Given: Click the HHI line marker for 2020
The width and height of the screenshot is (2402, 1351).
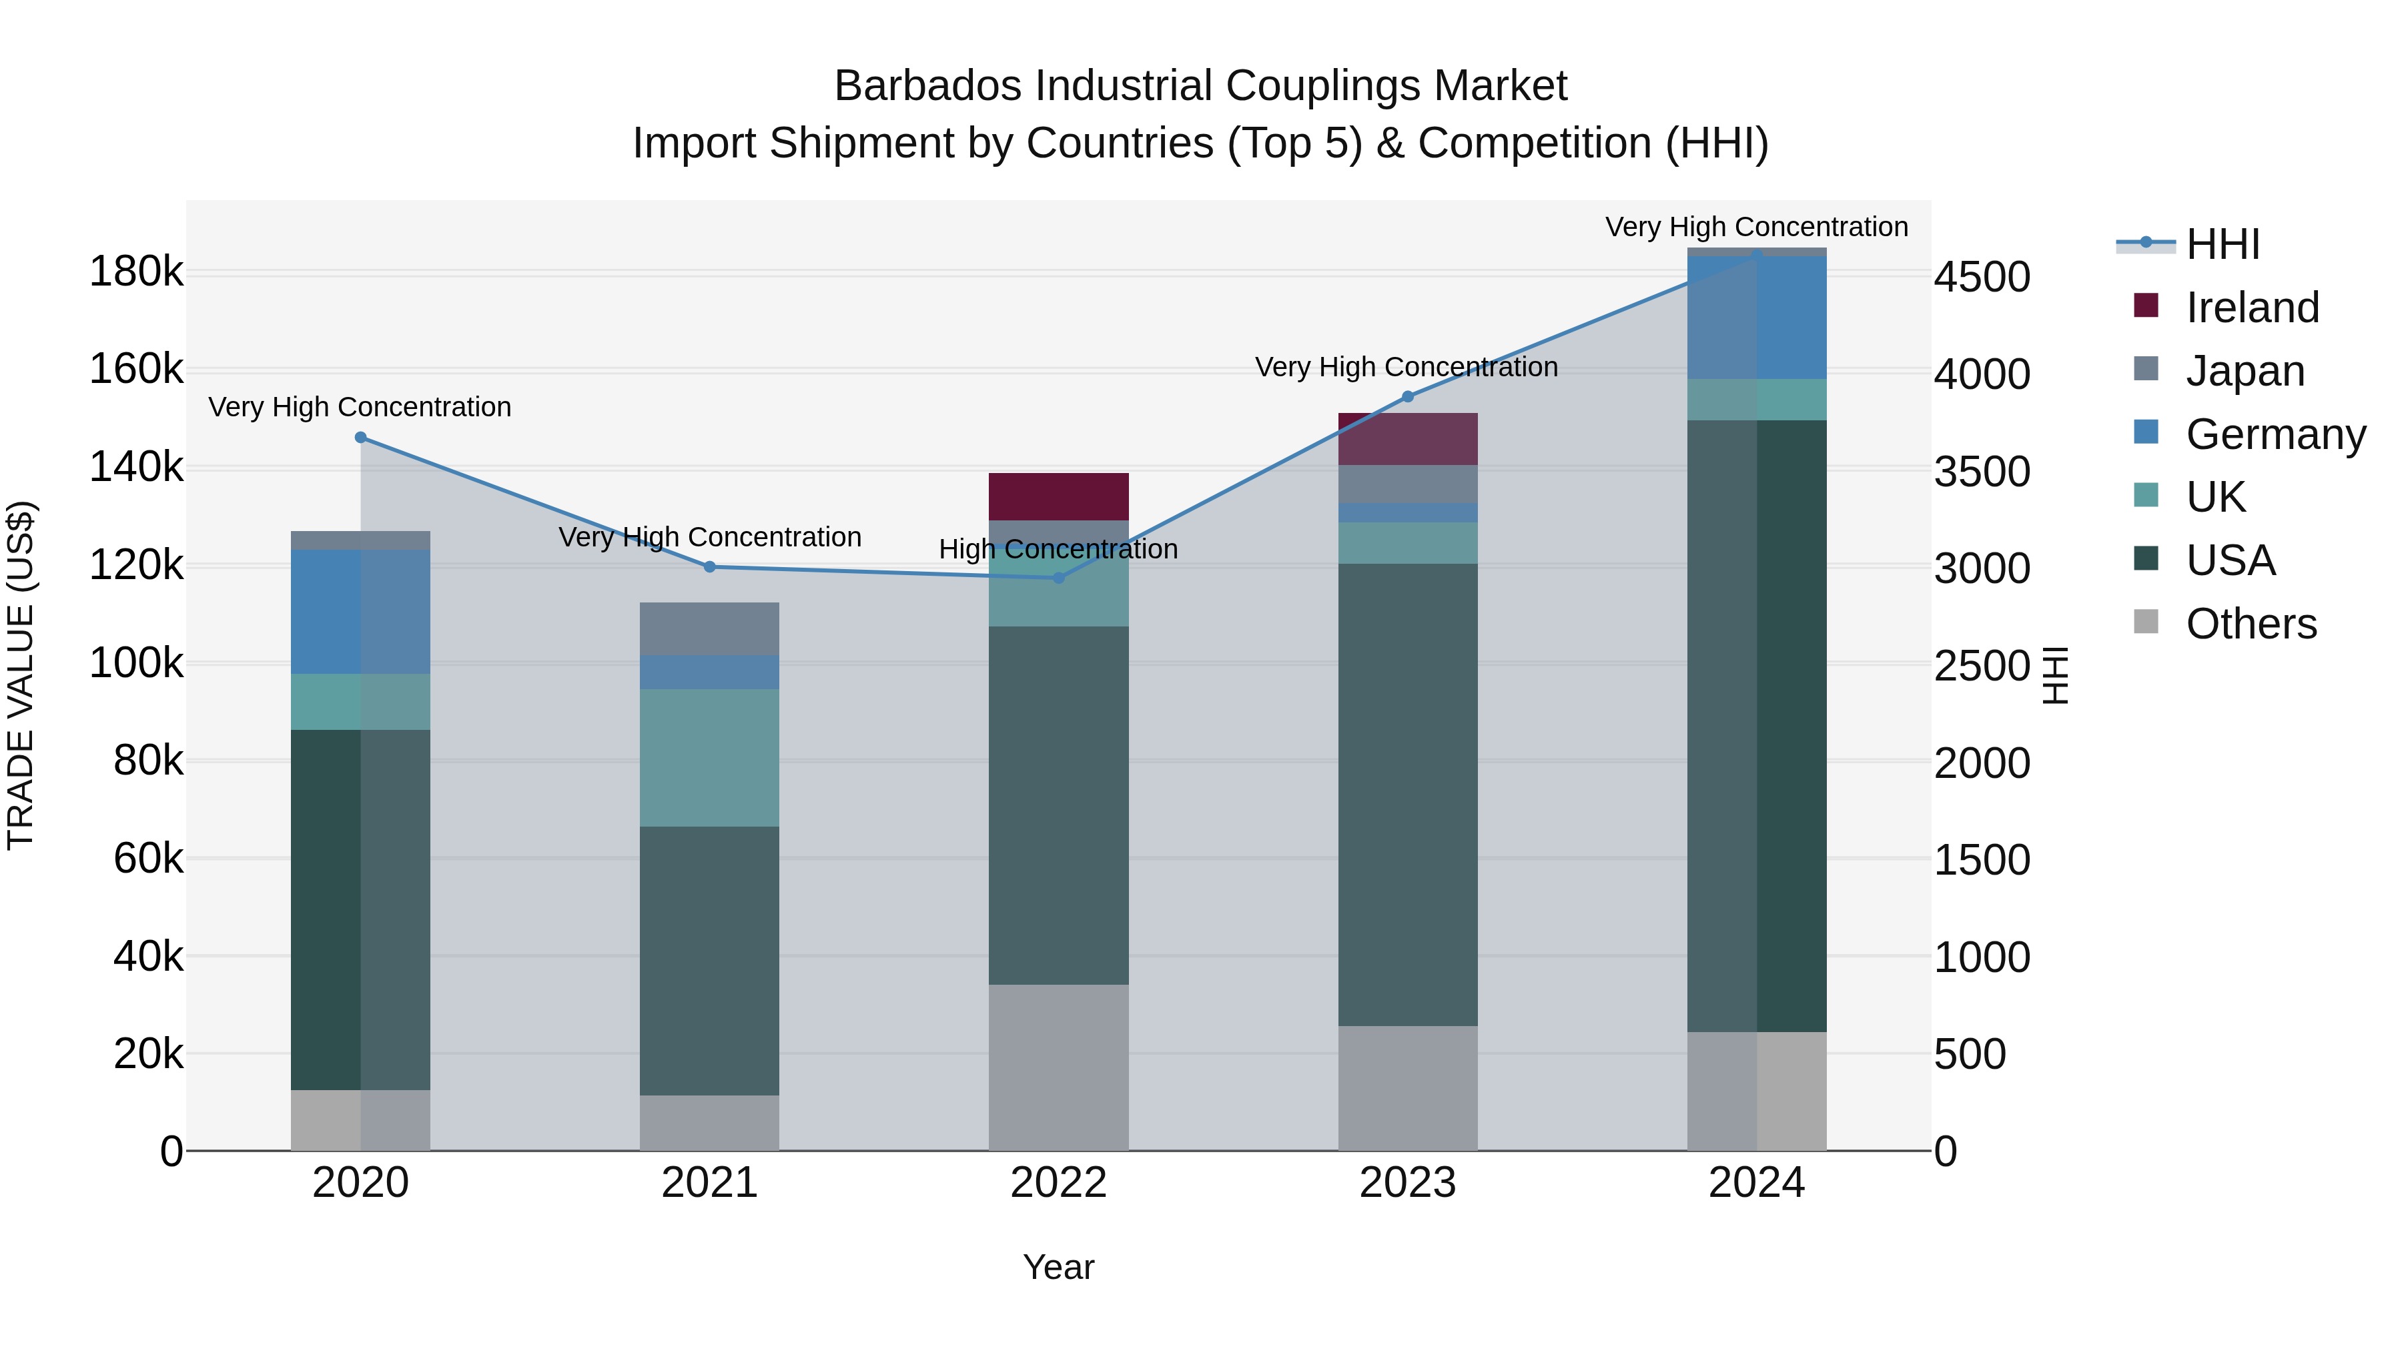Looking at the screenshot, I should coord(361,437).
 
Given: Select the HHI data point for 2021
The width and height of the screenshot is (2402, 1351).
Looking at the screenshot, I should coord(710,567).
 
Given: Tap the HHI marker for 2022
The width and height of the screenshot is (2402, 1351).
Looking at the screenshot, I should coord(1058,578).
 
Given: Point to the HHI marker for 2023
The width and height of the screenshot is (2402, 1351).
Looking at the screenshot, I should coord(1408,397).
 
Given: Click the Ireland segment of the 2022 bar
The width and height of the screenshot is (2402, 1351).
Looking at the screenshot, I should coord(1058,496).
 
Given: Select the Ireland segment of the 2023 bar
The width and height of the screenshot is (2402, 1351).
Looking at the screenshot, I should coord(1408,438).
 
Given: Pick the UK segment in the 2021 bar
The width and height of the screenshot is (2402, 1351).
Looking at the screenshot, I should coord(710,757).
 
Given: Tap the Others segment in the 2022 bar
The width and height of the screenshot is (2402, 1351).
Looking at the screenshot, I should coord(1058,1067).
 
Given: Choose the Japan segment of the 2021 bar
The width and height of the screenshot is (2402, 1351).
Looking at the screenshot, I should coord(710,628).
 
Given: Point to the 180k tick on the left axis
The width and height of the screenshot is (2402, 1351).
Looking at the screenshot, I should coord(136,272).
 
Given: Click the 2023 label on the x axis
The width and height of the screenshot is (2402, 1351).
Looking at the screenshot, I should coord(1408,1183).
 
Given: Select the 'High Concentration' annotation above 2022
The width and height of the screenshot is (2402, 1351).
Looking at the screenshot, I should coord(1058,549).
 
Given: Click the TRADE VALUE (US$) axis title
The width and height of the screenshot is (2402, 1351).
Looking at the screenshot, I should coord(21,675).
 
